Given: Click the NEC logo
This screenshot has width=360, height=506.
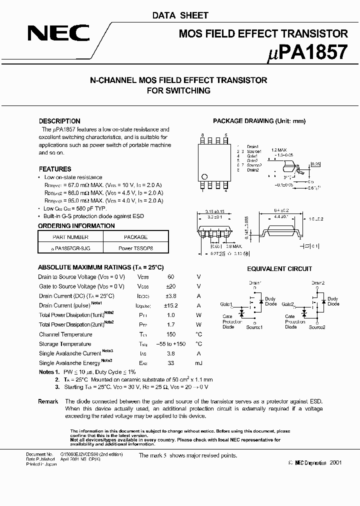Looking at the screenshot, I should (58, 33).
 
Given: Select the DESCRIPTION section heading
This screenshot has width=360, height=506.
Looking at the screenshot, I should (59, 121).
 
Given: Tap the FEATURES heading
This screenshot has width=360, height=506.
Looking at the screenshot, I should (55, 169).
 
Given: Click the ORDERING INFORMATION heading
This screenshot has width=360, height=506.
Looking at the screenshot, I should (76, 225).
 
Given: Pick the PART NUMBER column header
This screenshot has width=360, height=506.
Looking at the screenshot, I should (70, 237).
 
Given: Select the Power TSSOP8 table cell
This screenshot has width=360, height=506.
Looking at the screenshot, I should (135, 247).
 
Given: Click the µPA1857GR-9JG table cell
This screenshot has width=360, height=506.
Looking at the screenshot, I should (70, 247).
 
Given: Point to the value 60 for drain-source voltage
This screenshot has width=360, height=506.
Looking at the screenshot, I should (170, 276).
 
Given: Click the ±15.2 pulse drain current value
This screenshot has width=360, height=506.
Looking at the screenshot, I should (170, 305).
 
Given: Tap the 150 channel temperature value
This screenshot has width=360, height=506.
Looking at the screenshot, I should (170, 334).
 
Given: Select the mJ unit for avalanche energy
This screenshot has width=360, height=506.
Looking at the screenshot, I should (198, 363).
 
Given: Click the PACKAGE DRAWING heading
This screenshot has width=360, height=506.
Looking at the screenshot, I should (258, 121).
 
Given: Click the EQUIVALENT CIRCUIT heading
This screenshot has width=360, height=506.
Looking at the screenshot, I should (279, 269).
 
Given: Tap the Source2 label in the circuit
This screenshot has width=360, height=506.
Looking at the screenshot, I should (317, 327).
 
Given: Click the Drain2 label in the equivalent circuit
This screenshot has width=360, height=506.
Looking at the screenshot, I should (318, 283).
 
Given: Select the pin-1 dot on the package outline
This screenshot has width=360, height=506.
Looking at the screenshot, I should (204, 176).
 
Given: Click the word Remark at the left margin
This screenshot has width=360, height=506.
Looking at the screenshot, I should (48, 401).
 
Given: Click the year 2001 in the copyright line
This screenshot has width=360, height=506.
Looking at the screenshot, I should (335, 463).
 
